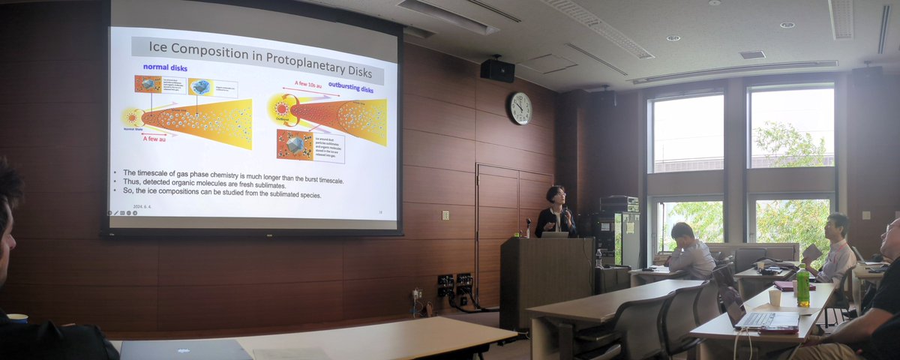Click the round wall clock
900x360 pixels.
click(x=520, y=108)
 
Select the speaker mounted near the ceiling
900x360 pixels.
click(x=497, y=70)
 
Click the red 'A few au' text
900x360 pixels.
click(x=154, y=139)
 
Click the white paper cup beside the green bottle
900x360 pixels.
click(x=775, y=297)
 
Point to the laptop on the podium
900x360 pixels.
click(x=554, y=235)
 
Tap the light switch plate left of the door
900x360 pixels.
click(x=445, y=215)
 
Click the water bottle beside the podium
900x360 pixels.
click(x=598, y=259)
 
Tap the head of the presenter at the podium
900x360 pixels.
click(x=556, y=195)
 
